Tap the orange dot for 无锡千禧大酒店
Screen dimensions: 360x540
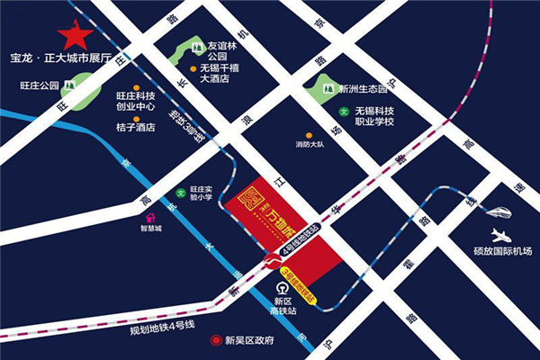point(193,67)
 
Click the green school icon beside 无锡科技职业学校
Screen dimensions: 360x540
point(344,112)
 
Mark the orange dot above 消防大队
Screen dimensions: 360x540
point(309,135)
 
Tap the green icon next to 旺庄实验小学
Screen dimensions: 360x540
point(180,193)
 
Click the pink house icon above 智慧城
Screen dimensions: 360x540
point(150,217)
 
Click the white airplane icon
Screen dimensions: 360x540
point(501,237)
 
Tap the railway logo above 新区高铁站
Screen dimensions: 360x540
point(283,288)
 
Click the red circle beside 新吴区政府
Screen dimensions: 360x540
point(214,341)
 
